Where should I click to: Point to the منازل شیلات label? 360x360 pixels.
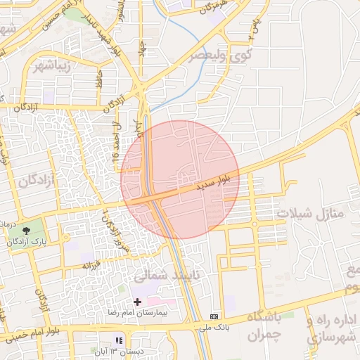point(312,212)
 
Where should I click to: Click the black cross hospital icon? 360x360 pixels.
point(137,301)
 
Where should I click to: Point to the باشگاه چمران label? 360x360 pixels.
point(264,325)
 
